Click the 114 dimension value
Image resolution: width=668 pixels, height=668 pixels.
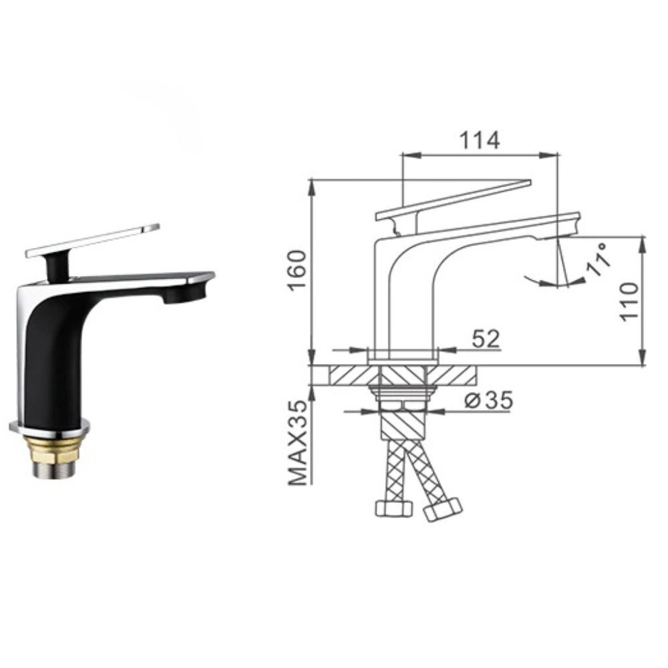[478, 140]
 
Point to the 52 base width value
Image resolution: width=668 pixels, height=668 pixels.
[486, 339]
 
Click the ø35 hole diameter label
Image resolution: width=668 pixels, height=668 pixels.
[489, 400]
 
